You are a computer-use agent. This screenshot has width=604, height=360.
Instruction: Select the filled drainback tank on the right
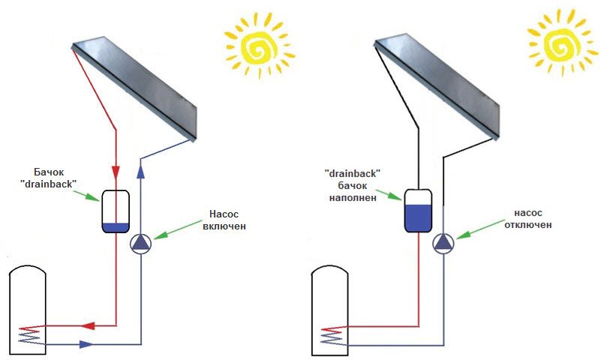click(419, 209)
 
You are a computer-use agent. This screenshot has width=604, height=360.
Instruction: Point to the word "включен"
click(223, 226)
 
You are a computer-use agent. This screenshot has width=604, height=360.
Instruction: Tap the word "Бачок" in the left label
click(53, 170)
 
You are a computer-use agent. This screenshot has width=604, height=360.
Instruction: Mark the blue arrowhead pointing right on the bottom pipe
click(87, 344)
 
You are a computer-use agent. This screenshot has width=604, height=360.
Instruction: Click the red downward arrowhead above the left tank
click(116, 169)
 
